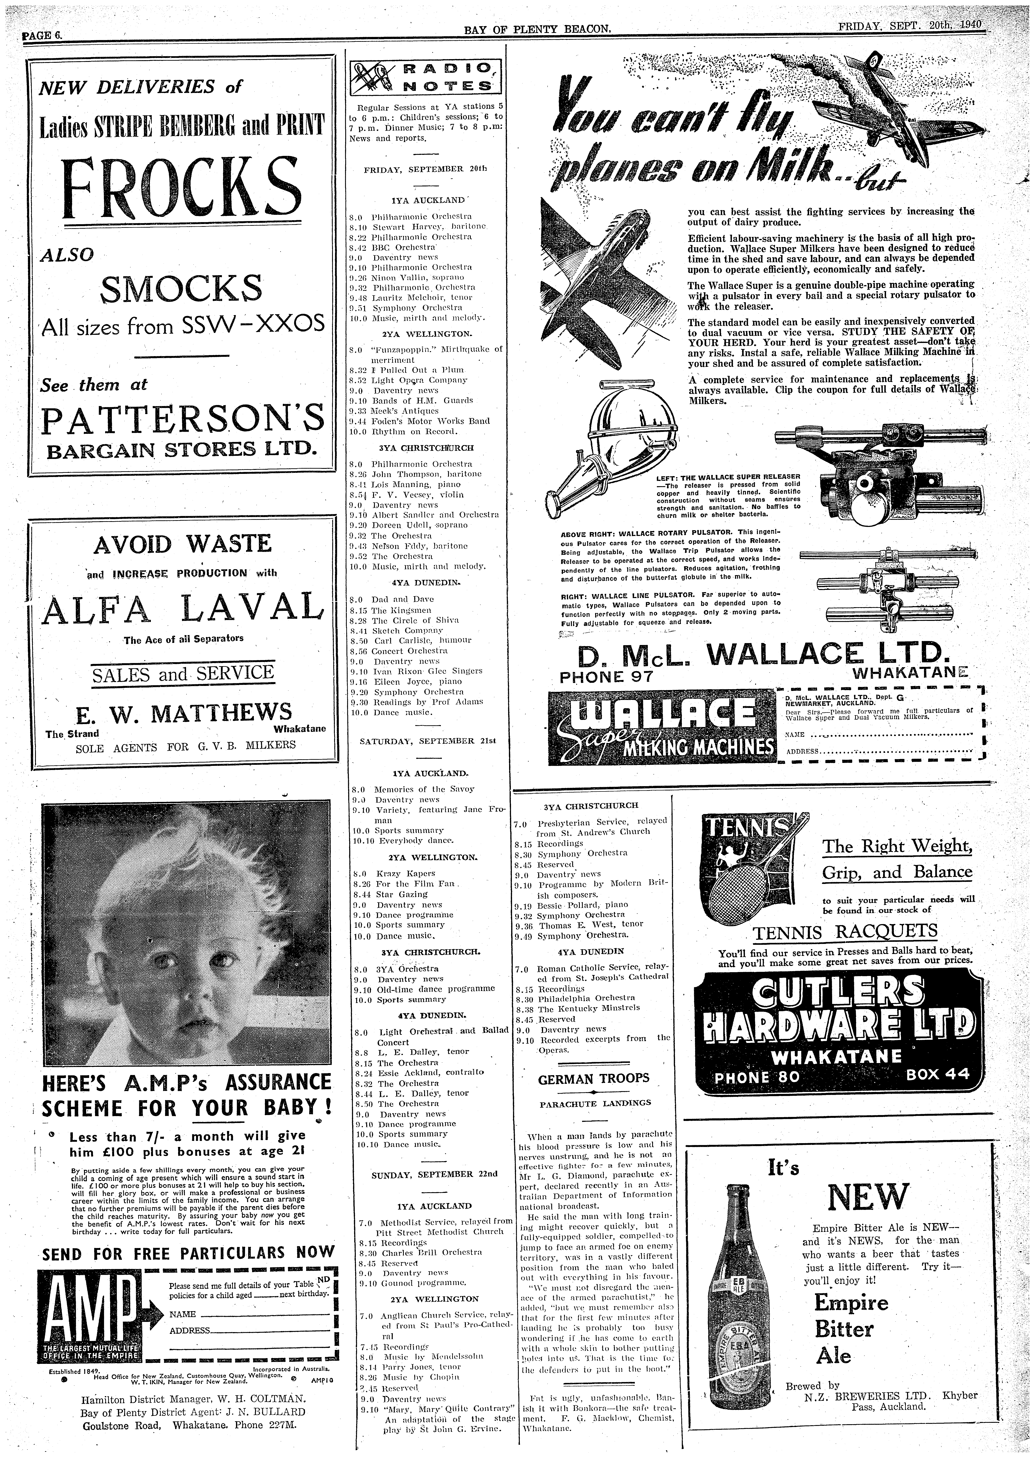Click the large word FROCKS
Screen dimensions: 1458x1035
point(180,190)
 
